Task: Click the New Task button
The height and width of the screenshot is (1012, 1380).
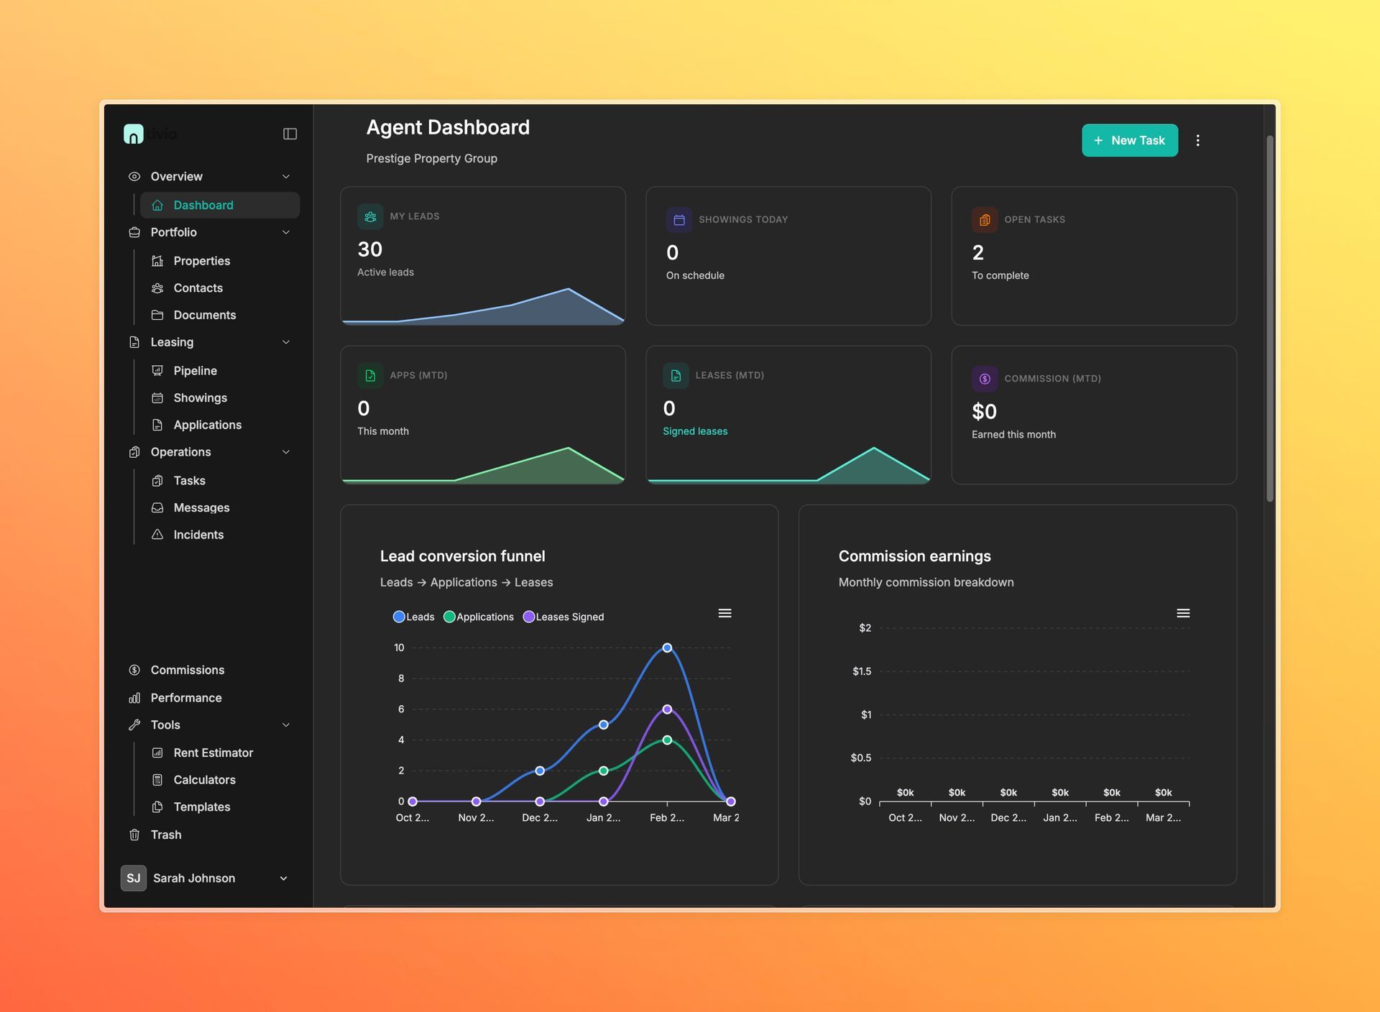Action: (x=1129, y=140)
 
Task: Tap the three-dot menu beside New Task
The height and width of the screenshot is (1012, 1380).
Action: (x=1197, y=140)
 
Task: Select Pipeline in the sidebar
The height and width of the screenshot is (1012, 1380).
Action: (x=195, y=370)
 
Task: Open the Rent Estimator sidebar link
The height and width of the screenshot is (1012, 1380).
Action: (x=213, y=753)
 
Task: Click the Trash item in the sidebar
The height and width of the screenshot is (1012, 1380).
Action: (x=165, y=834)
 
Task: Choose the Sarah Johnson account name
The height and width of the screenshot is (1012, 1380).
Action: (x=193, y=878)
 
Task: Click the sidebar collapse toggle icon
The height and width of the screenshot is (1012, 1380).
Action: (x=290, y=134)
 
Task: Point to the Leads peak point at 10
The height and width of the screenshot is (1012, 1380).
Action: (x=667, y=648)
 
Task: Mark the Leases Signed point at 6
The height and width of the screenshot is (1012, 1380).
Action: (x=667, y=709)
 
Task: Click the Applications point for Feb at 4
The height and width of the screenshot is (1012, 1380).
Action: (x=667, y=740)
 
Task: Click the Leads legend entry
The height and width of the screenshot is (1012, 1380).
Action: (x=414, y=617)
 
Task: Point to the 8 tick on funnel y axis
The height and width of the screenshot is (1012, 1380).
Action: (x=401, y=678)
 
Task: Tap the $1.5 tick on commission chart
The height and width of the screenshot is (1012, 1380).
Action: (x=861, y=671)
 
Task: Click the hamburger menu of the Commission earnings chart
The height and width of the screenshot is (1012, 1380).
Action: (x=1183, y=613)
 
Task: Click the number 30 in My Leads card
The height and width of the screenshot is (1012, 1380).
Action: (x=369, y=249)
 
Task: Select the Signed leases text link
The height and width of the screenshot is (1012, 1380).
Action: (x=694, y=431)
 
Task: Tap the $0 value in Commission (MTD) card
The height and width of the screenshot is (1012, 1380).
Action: (x=984, y=411)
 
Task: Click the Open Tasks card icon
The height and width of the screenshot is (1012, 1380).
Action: (x=984, y=219)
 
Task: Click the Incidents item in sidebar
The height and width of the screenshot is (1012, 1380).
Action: (x=198, y=534)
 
